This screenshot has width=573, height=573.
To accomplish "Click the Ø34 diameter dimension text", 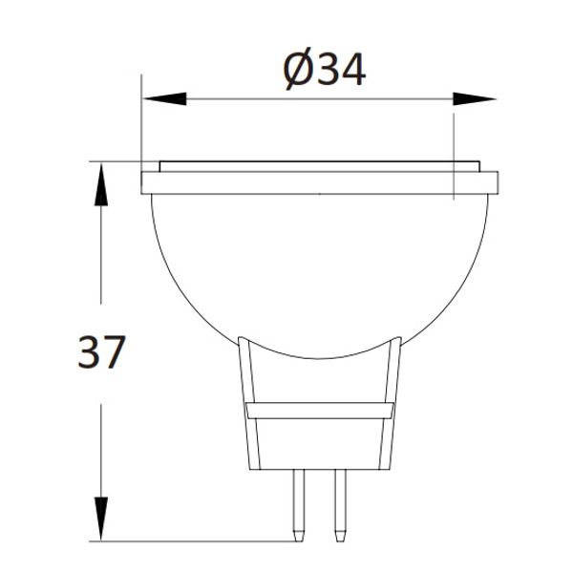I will coord(326,70).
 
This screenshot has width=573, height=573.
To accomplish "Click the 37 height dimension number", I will coord(101,353).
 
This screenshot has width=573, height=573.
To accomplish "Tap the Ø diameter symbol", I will coord(299,70).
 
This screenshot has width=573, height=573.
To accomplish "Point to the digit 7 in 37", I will coord(114,353).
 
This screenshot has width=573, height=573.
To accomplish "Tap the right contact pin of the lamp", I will coord(338,501).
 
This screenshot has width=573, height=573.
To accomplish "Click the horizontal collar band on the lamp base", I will coord(319,412).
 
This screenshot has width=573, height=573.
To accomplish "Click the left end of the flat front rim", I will coord(146,182).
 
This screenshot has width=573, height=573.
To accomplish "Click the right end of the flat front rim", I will coord(494,182).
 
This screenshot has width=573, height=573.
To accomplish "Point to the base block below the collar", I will coord(319,444).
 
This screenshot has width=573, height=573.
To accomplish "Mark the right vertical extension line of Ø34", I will coord(452,129).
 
